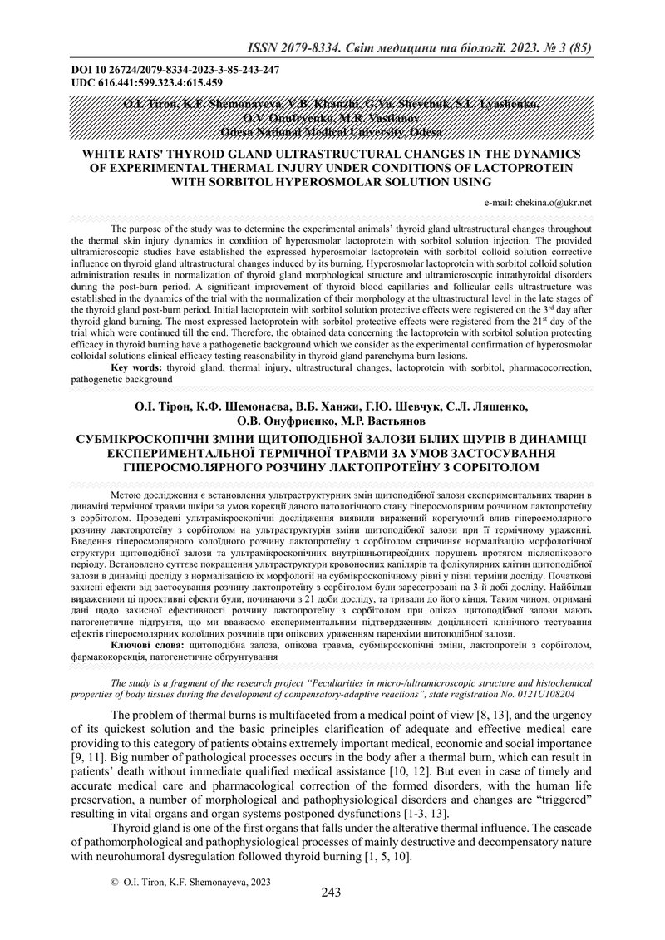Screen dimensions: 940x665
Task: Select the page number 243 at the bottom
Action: pos(332,893)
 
